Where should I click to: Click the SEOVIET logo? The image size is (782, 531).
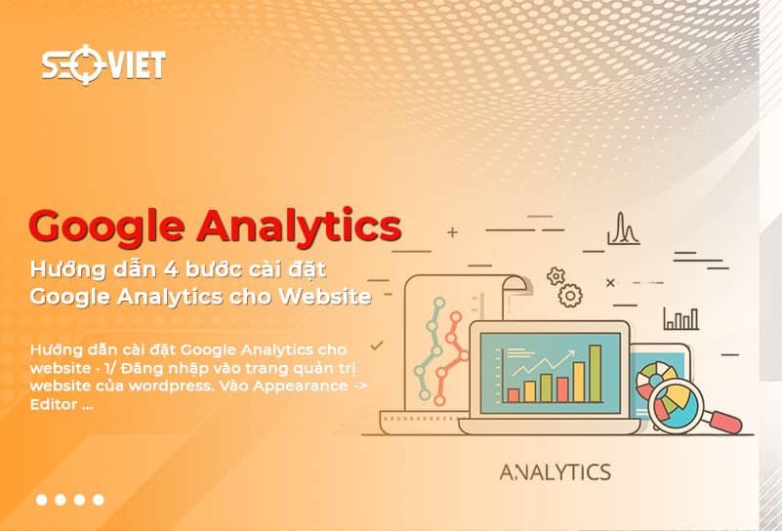pos(103,64)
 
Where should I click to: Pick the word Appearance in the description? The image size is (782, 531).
pos(301,385)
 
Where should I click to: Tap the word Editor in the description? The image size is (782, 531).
pos(56,403)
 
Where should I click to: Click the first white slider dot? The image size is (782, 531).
pos(42,500)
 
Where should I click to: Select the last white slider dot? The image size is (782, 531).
pos(98,500)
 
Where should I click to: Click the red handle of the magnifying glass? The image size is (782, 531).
pos(721,421)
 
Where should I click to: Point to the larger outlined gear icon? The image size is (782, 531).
pos(570,294)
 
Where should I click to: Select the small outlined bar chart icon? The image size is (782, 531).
pos(680,318)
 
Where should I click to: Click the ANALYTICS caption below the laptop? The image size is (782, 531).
pos(555,472)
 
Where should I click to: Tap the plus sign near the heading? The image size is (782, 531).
pos(451,233)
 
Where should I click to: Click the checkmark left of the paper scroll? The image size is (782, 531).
pos(376,345)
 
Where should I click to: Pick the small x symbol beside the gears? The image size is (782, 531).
pos(610,283)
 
